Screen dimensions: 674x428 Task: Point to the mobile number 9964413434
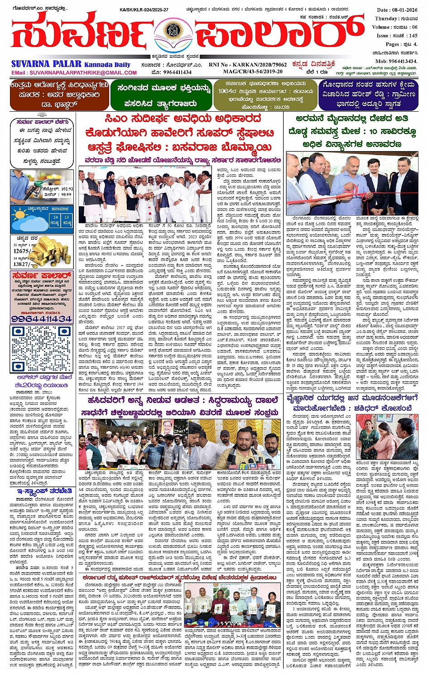403,61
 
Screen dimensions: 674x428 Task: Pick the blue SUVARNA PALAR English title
46,64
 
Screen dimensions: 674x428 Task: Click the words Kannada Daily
107,64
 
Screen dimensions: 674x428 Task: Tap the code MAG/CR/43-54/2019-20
253,71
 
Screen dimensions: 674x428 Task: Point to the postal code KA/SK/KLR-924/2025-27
144,9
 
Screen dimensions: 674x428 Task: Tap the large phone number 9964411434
41,319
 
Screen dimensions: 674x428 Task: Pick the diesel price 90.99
66,195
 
